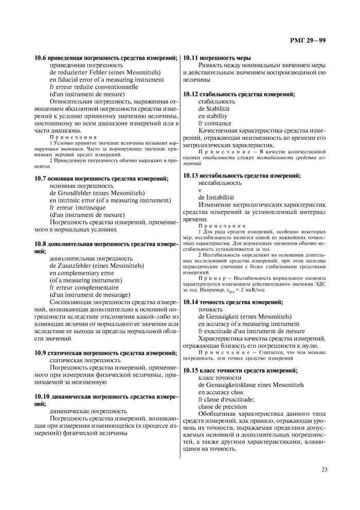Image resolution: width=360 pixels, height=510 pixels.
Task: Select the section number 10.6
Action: pos(41,58)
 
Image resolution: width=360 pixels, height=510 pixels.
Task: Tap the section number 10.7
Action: pos(41,178)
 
